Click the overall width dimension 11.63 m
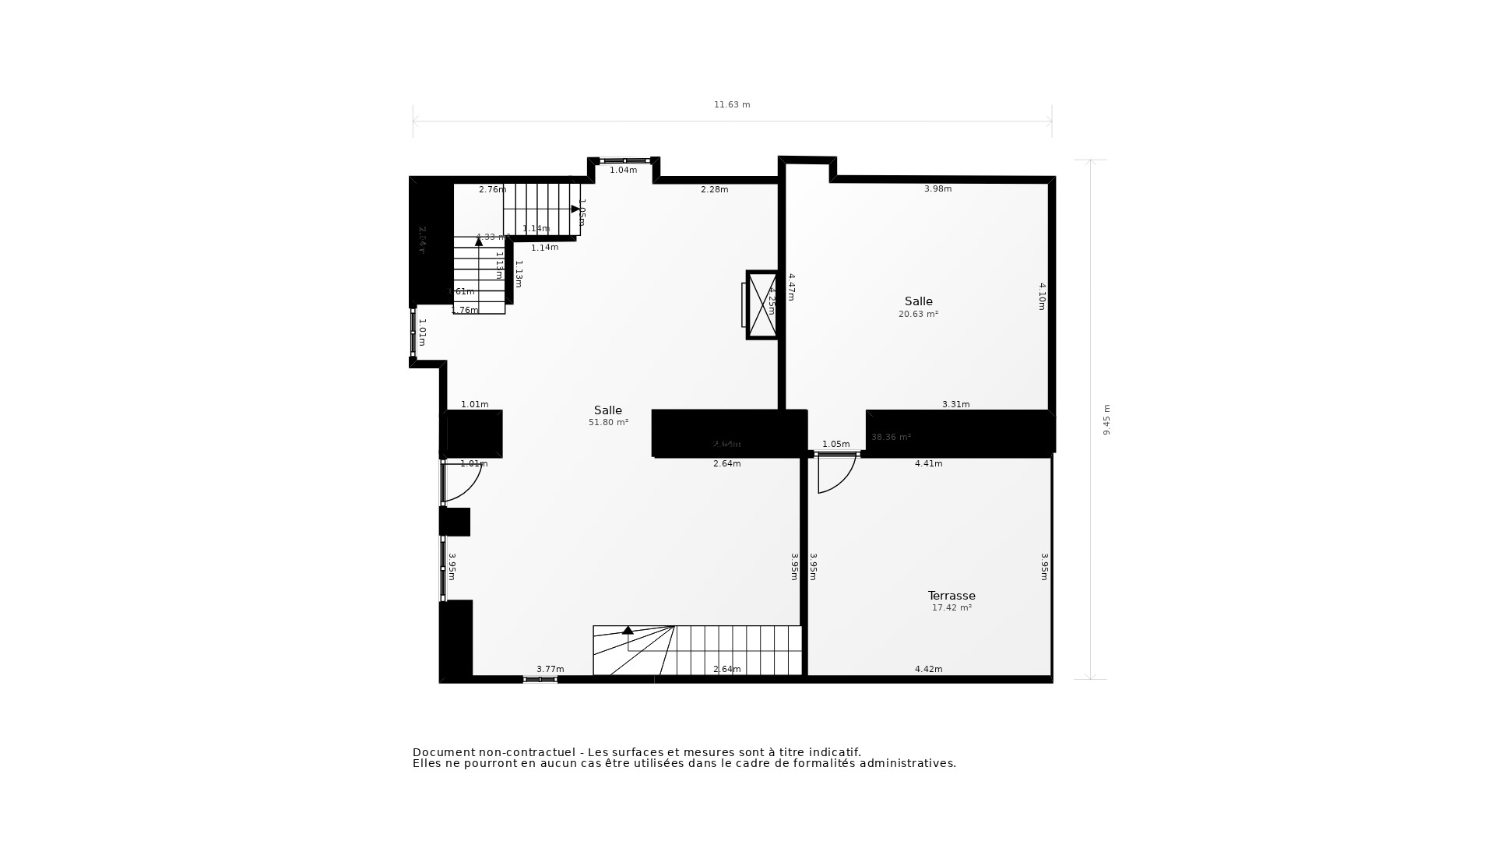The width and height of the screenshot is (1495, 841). pos(732,105)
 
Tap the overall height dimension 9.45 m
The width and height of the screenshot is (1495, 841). pos(1106,420)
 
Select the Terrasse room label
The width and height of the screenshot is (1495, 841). pos(952,596)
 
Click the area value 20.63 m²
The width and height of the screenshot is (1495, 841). pos(918,315)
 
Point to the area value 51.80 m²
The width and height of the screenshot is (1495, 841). pos(608,423)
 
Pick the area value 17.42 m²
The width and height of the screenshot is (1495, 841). pos(952,608)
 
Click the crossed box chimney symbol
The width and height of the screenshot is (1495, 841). pos(762,305)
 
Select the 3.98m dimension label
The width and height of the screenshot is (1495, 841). pos(937,189)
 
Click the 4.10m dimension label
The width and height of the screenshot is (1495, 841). pos(1042,297)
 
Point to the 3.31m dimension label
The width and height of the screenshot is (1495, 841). pos(955,405)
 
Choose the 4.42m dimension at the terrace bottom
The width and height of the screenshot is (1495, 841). pos(928,670)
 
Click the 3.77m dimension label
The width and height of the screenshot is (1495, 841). pos(550,670)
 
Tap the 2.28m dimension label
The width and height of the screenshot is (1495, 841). pos(714,190)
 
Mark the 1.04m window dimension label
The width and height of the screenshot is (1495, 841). pos(623,171)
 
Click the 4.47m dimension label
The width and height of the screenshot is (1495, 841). pos(791,287)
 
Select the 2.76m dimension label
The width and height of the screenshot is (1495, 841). pos(492,190)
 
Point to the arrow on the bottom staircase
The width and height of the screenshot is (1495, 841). pos(628,630)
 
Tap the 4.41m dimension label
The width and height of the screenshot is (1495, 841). pos(928,464)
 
